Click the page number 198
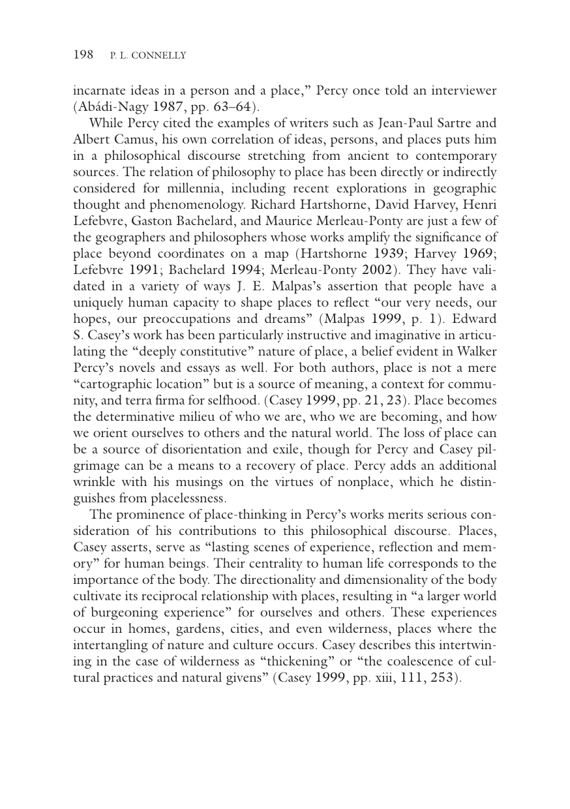[x=83, y=55]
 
